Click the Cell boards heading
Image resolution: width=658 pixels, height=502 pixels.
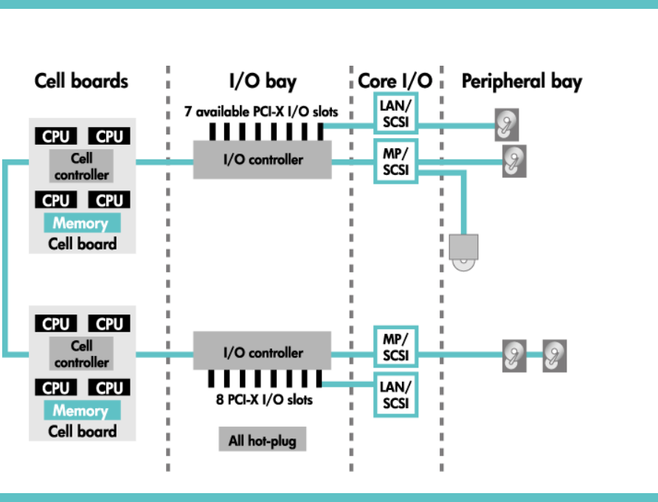click(x=81, y=81)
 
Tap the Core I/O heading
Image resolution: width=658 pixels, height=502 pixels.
click(x=395, y=81)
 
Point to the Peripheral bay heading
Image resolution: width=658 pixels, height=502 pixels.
click(x=522, y=81)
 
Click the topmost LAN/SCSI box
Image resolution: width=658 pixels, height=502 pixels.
click(x=396, y=112)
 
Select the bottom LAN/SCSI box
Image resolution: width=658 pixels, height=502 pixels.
click(x=396, y=395)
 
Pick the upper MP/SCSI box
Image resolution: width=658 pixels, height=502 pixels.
click(x=396, y=160)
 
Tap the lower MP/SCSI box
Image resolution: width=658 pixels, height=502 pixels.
click(x=396, y=346)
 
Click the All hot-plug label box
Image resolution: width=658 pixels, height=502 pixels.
click(x=262, y=441)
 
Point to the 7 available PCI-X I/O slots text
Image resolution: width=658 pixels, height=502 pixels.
click(x=261, y=112)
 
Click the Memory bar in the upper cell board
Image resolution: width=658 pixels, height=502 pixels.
click(x=80, y=223)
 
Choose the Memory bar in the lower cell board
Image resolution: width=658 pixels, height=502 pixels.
click(x=80, y=410)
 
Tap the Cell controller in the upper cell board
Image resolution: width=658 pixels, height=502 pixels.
click(x=81, y=166)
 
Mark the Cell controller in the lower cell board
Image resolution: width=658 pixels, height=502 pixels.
click(x=81, y=354)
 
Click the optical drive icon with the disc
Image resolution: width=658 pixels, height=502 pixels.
click(x=463, y=252)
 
